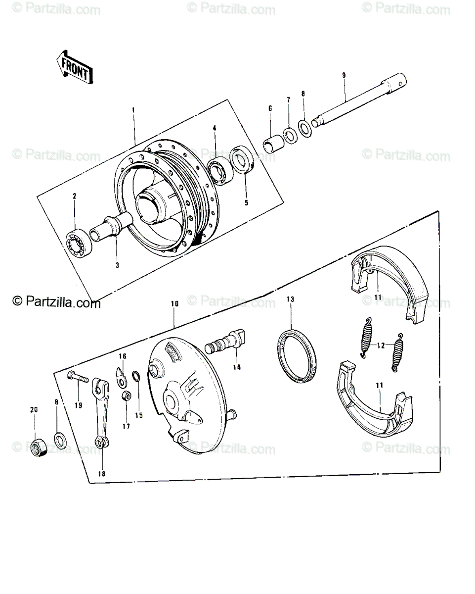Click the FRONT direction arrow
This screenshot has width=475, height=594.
pos(75,68)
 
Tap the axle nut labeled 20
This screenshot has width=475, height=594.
pos(39,448)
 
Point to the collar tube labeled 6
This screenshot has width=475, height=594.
pos(274,144)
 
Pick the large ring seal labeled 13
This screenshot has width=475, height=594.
pos(297,355)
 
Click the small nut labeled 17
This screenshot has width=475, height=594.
pos(126,396)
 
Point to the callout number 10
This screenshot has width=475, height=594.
pos(174,303)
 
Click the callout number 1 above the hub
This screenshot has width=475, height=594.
pos(133,110)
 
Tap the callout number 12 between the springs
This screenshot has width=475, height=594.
pos(381,346)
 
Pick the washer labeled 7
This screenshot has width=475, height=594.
pos(290,136)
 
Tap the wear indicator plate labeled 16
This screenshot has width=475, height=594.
pos(120,377)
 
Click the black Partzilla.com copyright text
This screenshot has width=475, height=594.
pos(56,301)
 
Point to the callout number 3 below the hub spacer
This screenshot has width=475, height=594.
pos(117,265)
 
